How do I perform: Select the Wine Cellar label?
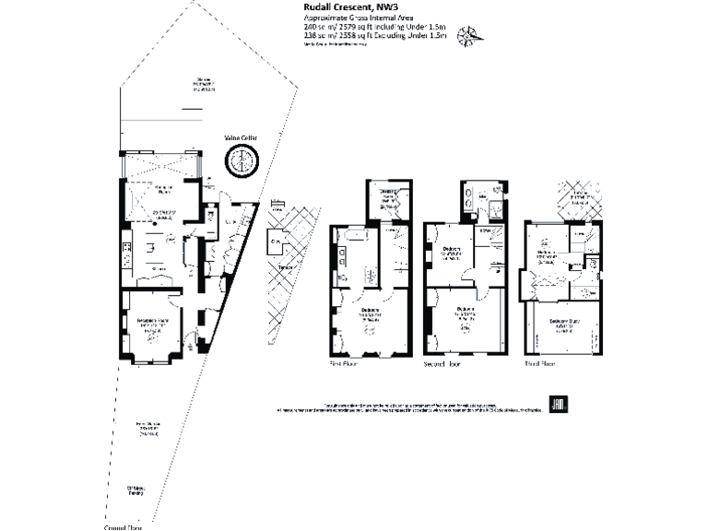coord(242,138)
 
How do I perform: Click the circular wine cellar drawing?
coord(242,162)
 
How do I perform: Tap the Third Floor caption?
coord(539,363)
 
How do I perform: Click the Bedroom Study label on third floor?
coord(562,323)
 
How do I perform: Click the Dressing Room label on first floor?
coord(388,196)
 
